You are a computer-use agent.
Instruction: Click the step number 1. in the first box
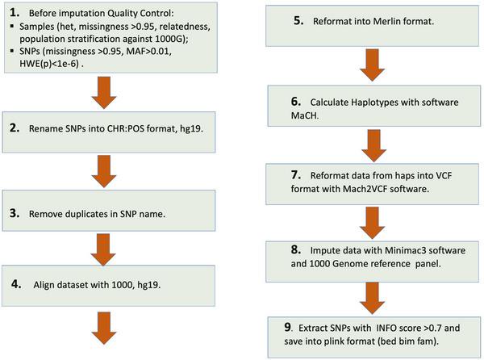click(15, 13)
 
